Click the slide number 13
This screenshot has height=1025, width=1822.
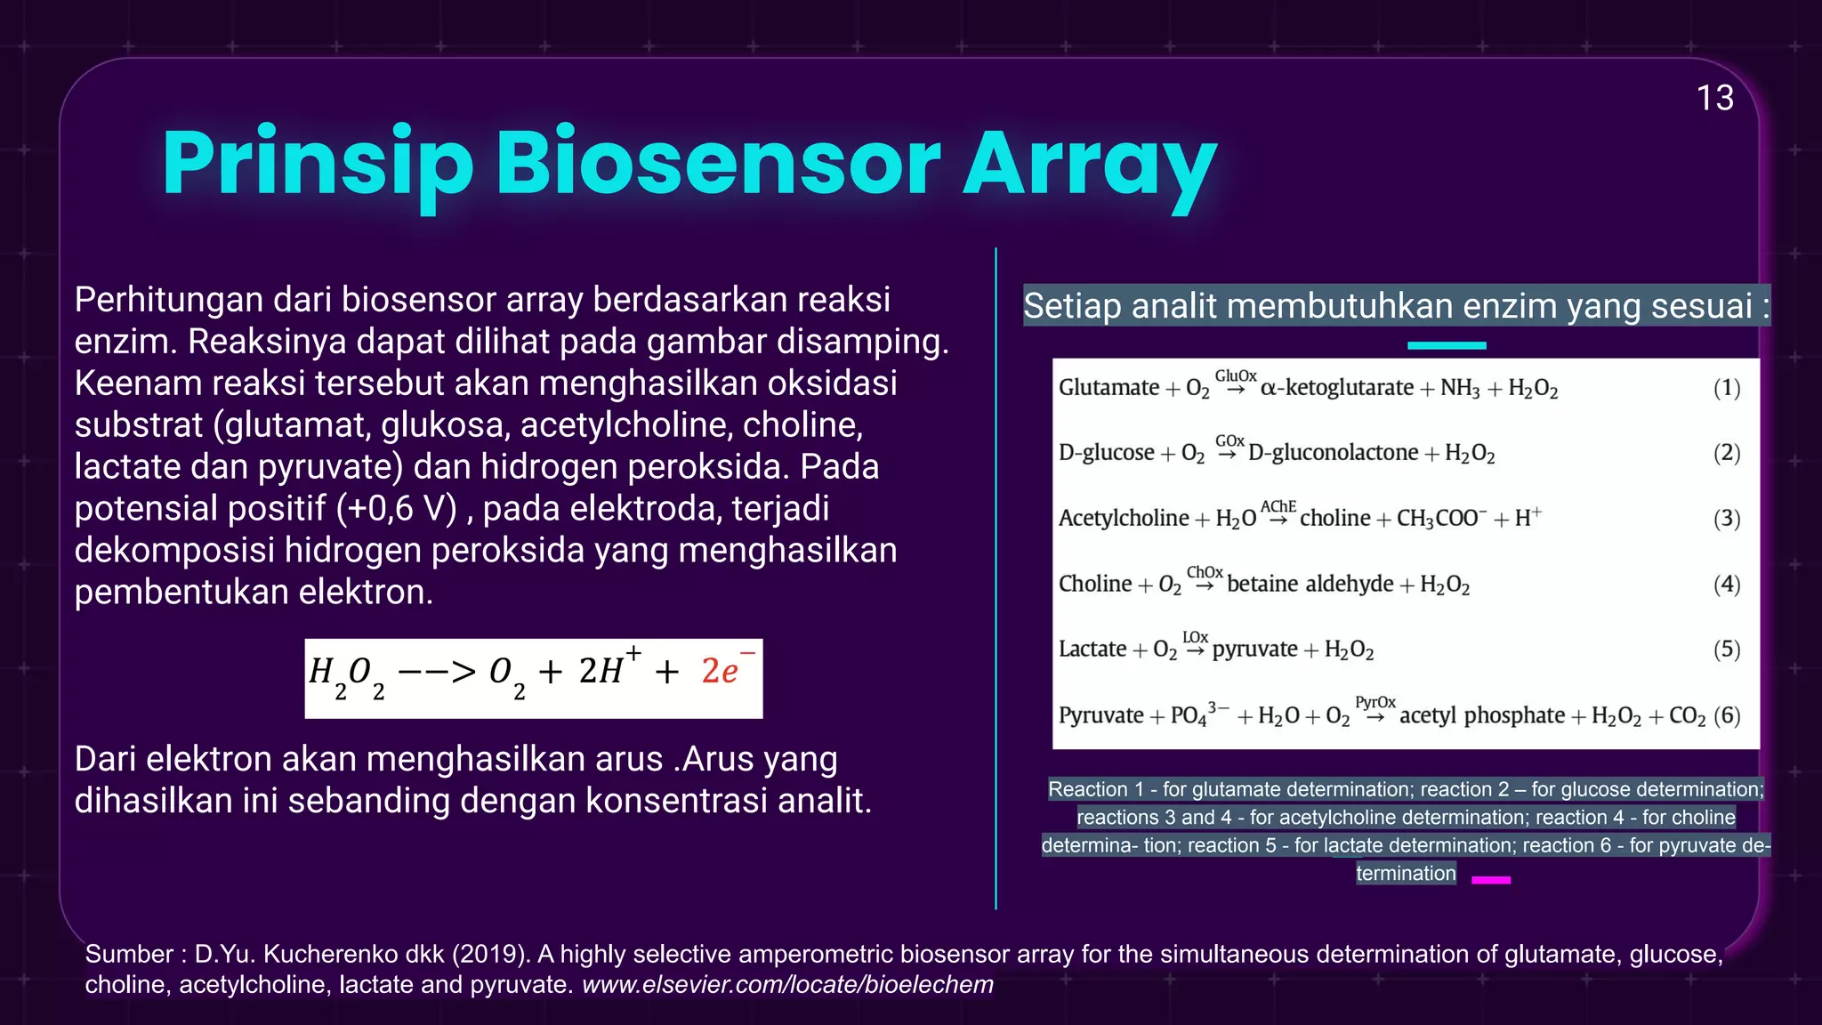pyautogui.click(x=1714, y=98)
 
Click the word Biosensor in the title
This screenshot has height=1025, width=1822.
pyautogui.click(x=717, y=164)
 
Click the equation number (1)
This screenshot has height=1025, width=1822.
pyautogui.click(x=1726, y=388)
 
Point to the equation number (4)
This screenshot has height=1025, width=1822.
pyautogui.click(x=1726, y=585)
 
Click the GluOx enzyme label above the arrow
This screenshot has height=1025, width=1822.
pyautogui.click(x=1236, y=376)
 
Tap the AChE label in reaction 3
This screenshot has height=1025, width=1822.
pyautogui.click(x=1278, y=506)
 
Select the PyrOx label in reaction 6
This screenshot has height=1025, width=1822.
pyautogui.click(x=1375, y=703)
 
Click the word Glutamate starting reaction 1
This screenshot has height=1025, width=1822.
pyautogui.click(x=1109, y=388)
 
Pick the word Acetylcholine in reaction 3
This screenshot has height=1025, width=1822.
pyautogui.click(x=1123, y=519)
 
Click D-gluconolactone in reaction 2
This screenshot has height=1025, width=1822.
pyautogui.click(x=1333, y=453)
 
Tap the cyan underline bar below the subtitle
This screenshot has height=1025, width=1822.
pyautogui.click(x=1447, y=345)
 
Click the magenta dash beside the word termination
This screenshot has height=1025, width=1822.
pyautogui.click(x=1491, y=880)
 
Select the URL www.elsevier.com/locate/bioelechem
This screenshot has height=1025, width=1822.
pyautogui.click(x=787, y=985)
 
